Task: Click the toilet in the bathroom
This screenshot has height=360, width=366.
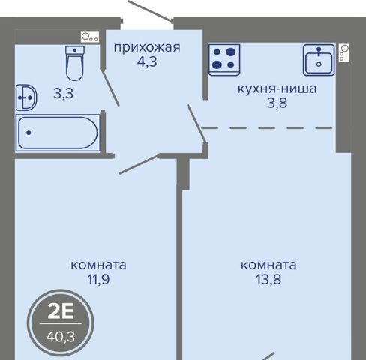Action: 74,63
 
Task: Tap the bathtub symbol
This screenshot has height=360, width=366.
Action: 58,133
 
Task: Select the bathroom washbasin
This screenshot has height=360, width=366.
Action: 26,97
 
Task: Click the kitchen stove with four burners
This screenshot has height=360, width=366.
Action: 224,59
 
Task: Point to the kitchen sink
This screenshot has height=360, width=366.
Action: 319,60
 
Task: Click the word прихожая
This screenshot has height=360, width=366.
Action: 147,47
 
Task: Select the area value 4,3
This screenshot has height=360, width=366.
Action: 147,61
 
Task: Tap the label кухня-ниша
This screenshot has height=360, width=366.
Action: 277,88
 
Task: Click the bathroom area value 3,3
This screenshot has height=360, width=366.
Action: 64,94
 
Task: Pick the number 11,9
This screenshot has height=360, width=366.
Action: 98,279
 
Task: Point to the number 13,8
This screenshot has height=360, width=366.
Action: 268,279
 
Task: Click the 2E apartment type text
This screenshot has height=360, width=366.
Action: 61,312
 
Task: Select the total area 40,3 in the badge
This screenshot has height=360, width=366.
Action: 61,337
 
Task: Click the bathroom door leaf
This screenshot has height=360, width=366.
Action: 110,88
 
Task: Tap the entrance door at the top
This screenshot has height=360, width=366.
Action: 150,10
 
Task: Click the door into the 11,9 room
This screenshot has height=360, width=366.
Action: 139,164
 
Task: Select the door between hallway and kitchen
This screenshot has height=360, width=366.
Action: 196,124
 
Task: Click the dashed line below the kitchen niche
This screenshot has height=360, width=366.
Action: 267,128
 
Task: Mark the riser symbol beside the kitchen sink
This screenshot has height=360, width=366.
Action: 344,52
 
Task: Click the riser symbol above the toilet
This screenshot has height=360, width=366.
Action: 90,37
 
